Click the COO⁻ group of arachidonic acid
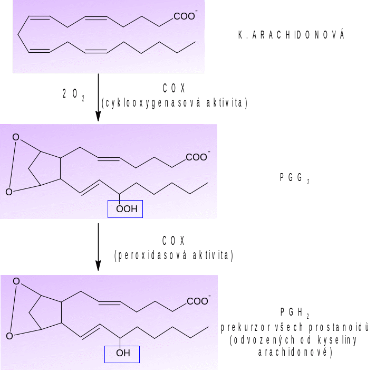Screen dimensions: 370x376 click(185, 17)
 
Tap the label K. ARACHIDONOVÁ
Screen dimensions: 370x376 click(292, 35)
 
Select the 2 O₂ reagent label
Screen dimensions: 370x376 click(73, 94)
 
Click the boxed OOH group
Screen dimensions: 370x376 click(126, 209)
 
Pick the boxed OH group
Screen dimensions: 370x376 click(122, 353)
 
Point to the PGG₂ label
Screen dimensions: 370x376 click(294, 178)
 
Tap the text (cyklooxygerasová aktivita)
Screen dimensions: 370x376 click(174, 102)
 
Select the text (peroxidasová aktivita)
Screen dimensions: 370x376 click(174, 256)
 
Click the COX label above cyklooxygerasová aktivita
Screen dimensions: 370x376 click(174, 87)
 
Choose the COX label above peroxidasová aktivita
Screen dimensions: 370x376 click(174, 241)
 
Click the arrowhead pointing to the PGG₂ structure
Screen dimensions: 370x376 click(98, 118)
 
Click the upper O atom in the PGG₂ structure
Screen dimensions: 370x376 click(16, 138)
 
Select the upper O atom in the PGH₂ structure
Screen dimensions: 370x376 click(16, 281)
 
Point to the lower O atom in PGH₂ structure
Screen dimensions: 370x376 click(9, 335)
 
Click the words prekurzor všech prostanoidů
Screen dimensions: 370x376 click(294, 328)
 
